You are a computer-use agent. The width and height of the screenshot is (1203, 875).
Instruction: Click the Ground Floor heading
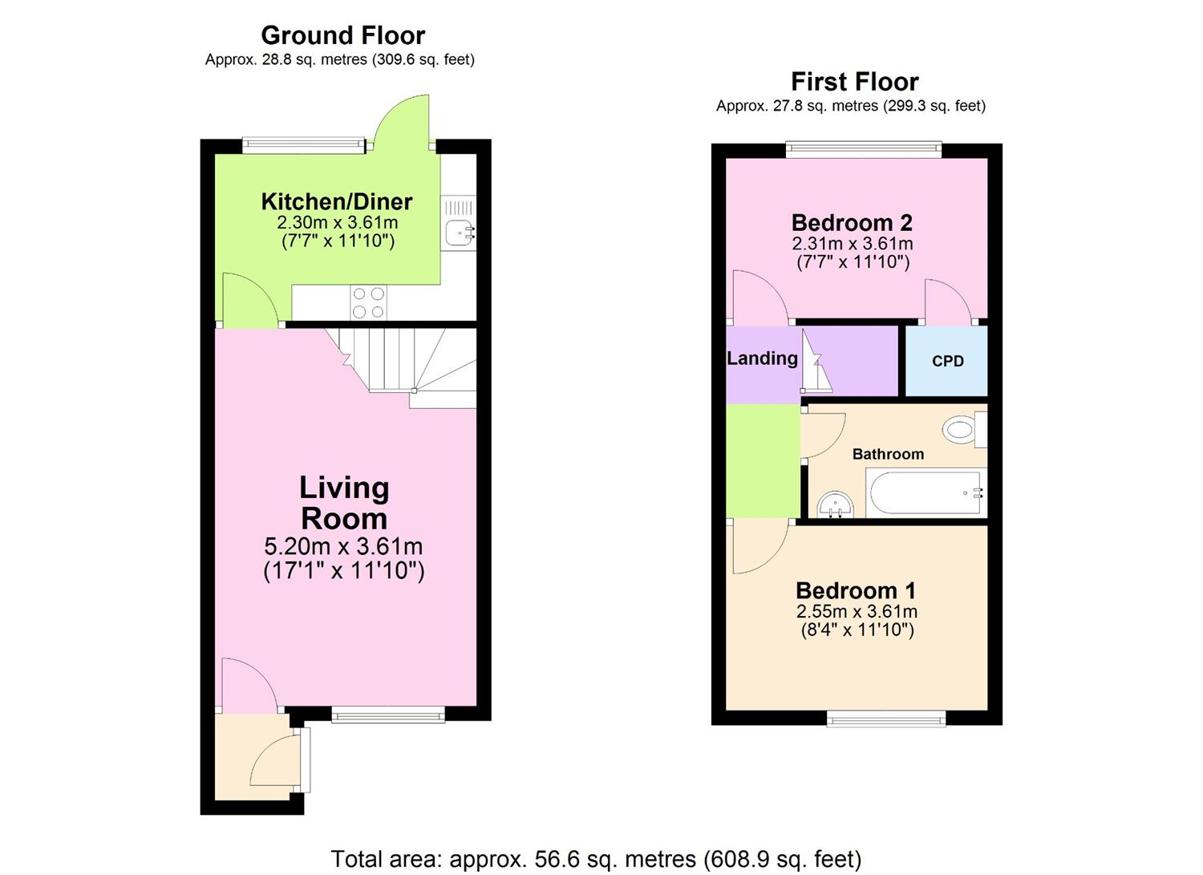click(x=342, y=35)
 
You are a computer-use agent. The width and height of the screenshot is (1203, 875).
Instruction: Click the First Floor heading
click(x=854, y=82)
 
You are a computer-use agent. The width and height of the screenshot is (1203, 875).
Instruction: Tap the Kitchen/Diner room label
click(x=337, y=201)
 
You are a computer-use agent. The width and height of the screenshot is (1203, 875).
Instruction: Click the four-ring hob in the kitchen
click(x=368, y=303)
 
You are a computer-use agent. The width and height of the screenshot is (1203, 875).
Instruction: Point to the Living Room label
click(x=343, y=503)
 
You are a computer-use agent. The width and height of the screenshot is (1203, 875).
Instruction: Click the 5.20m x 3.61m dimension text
click(x=343, y=547)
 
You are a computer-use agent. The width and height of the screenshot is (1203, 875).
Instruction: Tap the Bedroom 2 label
click(x=852, y=222)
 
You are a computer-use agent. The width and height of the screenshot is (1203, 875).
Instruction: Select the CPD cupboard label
click(x=947, y=362)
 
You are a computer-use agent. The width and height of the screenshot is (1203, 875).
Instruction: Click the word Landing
click(x=762, y=359)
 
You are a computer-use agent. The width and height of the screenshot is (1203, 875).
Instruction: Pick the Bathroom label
click(x=888, y=454)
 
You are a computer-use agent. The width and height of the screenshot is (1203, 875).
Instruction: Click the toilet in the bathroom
click(x=962, y=430)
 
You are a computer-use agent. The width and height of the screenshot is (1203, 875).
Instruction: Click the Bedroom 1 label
click(x=855, y=591)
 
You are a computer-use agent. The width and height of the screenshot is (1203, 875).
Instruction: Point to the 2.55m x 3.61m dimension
click(x=857, y=612)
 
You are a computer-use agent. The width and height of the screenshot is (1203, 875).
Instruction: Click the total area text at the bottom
click(x=596, y=859)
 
